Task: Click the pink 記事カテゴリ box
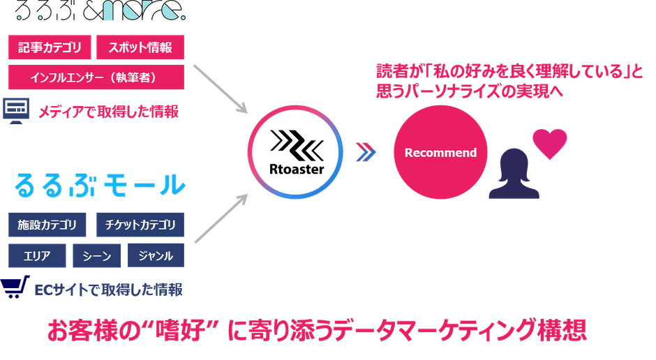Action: tap(50, 47)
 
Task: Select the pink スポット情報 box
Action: tap(140, 47)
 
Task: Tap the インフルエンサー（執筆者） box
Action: tap(96, 77)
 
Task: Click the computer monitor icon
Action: tap(16, 111)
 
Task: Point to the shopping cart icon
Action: tap(15, 287)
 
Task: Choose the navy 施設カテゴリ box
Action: tap(47, 225)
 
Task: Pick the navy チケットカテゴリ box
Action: tap(140, 225)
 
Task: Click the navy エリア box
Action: tap(37, 255)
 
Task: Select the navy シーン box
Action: tap(96, 255)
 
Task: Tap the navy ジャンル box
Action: tap(156, 255)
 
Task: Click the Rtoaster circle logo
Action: tap(295, 152)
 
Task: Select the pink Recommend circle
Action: tap(440, 152)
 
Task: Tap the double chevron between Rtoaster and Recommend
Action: tap(366, 152)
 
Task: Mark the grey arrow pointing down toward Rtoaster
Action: tap(221, 89)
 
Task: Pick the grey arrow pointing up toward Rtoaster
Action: tap(221, 218)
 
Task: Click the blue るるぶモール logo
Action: tap(100, 185)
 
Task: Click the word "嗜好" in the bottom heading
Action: tap(181, 330)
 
